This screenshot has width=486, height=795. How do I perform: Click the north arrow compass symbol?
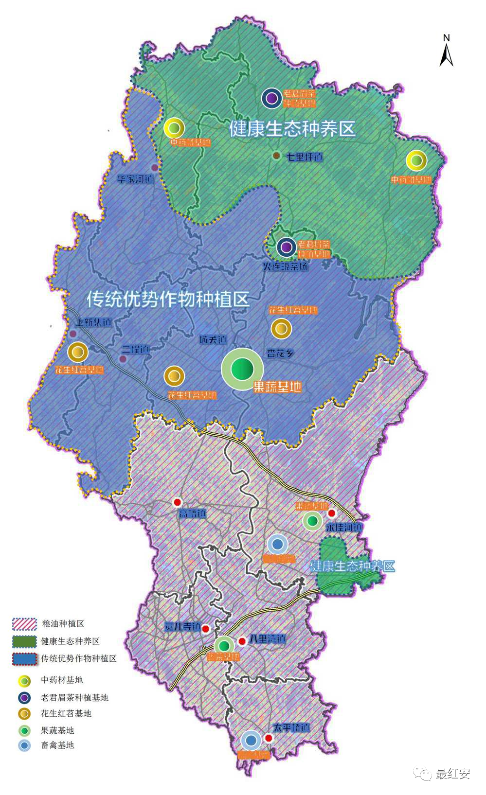tap(446, 52)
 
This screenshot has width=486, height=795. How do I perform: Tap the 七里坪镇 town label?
tap(304, 157)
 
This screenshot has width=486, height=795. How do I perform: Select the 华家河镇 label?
tap(135, 179)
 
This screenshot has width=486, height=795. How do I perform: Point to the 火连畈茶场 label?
tap(285, 266)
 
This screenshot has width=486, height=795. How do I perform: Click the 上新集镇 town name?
tap(93, 322)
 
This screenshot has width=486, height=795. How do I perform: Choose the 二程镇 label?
tap(135, 350)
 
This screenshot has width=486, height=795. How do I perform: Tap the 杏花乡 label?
tap(280, 353)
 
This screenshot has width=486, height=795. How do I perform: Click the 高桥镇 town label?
tap(192, 513)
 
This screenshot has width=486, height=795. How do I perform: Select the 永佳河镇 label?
tap(344, 527)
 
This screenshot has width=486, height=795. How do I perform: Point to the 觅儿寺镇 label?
tap(182, 627)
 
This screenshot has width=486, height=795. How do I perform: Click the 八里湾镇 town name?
tap(267, 639)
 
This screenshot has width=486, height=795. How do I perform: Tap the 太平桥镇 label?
tap(291, 728)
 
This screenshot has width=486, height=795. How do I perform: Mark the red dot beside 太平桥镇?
tap(269, 738)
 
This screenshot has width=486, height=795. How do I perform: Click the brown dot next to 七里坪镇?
tap(276, 156)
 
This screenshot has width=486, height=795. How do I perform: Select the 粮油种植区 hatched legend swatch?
tap(24, 624)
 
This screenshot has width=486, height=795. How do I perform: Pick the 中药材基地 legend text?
tap(62, 680)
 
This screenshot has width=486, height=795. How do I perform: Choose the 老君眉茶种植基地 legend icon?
tap(24, 698)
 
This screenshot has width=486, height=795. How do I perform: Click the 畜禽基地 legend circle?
tap(24, 745)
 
